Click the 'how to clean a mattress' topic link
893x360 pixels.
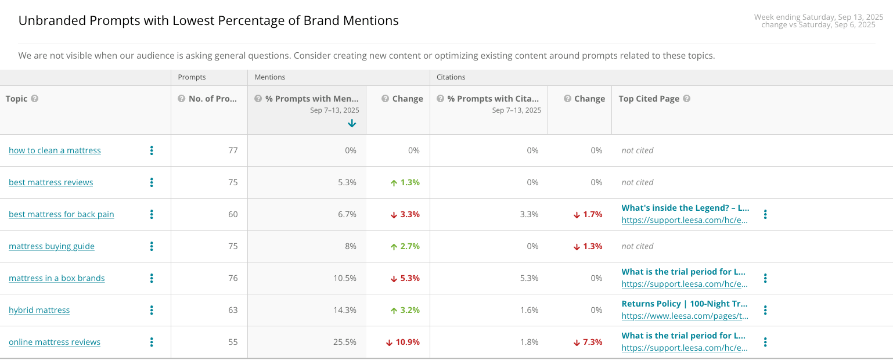tap(55, 150)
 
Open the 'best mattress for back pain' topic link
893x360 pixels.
tap(62, 214)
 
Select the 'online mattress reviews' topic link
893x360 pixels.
tap(55, 341)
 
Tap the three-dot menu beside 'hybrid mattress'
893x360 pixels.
tap(152, 309)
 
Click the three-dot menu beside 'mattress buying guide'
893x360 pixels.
tap(152, 246)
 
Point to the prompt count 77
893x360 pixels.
tap(233, 150)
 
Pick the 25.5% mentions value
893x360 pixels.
tap(345, 341)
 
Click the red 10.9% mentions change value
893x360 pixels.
tap(402, 341)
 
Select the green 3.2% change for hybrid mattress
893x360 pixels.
tap(405, 309)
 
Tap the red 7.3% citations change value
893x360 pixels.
tap(588, 341)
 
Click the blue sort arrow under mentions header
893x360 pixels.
tap(352, 123)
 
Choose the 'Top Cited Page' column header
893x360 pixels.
tap(649, 99)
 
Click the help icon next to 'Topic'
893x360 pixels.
tap(35, 99)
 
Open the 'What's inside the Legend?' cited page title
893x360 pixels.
tap(685, 208)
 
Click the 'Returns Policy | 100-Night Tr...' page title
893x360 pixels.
tap(685, 304)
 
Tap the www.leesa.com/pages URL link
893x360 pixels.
tap(685, 316)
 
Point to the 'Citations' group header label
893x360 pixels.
tap(451, 77)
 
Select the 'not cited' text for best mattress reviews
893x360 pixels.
tap(638, 182)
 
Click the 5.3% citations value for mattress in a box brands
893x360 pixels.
tap(529, 278)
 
